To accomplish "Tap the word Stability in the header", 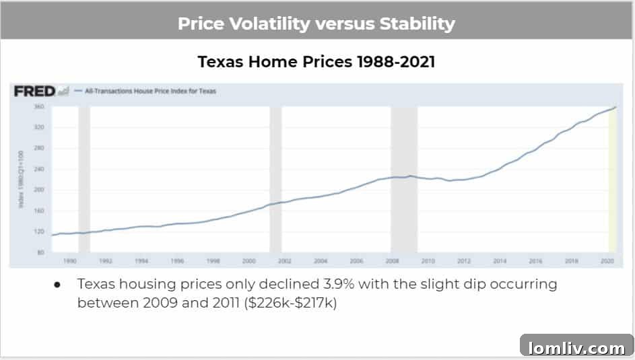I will tap(417, 24).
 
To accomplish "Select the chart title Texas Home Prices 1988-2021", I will tap(316, 62).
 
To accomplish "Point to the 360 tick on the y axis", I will tap(38, 107).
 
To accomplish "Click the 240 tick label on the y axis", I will tap(38, 169).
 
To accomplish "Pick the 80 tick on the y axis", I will tap(40, 252).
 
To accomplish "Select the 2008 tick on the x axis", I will tap(392, 260).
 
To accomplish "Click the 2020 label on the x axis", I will tap(609, 260).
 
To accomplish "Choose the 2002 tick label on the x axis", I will tap(284, 260).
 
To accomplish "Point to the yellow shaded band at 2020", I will tap(612, 182).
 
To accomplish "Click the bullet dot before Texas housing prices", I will tap(58, 285).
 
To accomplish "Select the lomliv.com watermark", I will tap(576, 348).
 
